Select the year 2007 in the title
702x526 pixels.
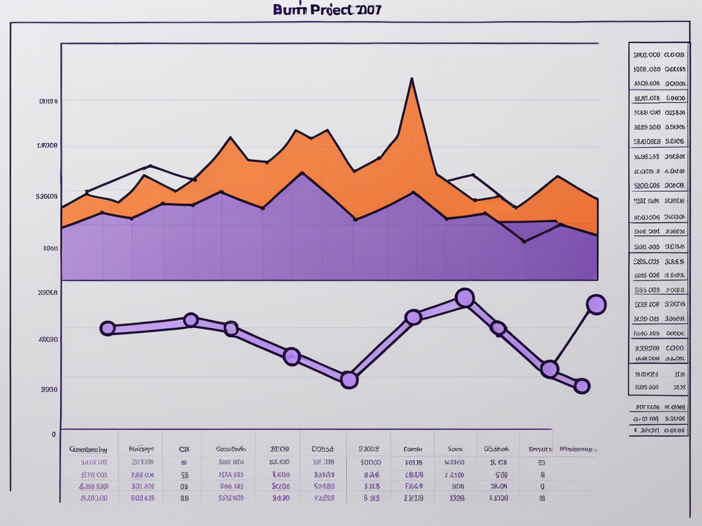367,10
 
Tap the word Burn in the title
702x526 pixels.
289,10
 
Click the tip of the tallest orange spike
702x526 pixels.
411,79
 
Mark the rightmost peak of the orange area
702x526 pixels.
558,177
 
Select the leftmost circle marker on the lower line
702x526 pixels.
108,328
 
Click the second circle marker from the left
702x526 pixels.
191,320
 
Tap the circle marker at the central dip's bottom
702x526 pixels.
349,380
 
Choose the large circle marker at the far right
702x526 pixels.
596,305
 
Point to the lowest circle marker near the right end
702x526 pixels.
581,386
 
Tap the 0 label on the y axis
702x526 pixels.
53,434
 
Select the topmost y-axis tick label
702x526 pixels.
48,101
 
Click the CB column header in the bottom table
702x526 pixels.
184,450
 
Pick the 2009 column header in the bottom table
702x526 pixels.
280,450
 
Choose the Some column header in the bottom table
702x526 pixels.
455,450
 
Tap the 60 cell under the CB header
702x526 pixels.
184,462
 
